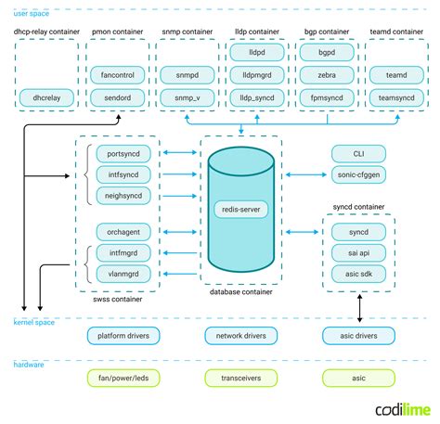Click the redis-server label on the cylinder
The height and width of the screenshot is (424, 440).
tap(240, 210)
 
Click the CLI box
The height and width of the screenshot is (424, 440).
tap(358, 153)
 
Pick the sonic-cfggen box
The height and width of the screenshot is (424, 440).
tap(358, 173)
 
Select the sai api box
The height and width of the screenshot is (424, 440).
tap(359, 252)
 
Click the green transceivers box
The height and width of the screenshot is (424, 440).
tap(240, 378)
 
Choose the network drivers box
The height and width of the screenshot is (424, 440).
tap(240, 335)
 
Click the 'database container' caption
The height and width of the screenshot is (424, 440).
tap(240, 292)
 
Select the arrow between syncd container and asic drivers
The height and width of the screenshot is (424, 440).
tap(359, 305)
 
